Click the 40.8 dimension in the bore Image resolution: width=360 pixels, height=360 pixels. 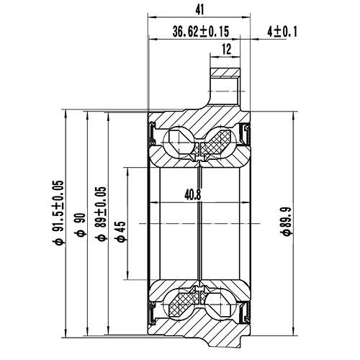click(193, 194)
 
